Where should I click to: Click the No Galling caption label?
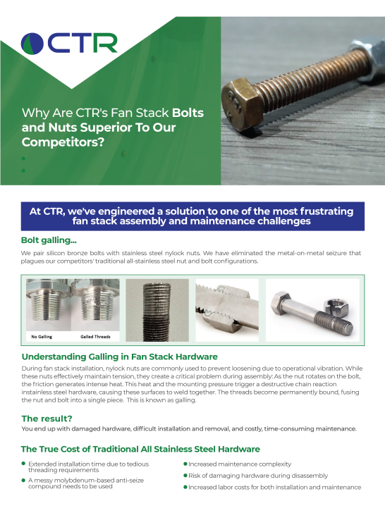[43, 336]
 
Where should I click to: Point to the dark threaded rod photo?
[157, 310]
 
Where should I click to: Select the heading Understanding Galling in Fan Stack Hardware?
[119, 357]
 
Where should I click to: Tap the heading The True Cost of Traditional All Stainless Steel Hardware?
[140, 449]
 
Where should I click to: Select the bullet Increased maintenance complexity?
[233, 464]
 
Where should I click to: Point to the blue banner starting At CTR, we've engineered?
[192, 216]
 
